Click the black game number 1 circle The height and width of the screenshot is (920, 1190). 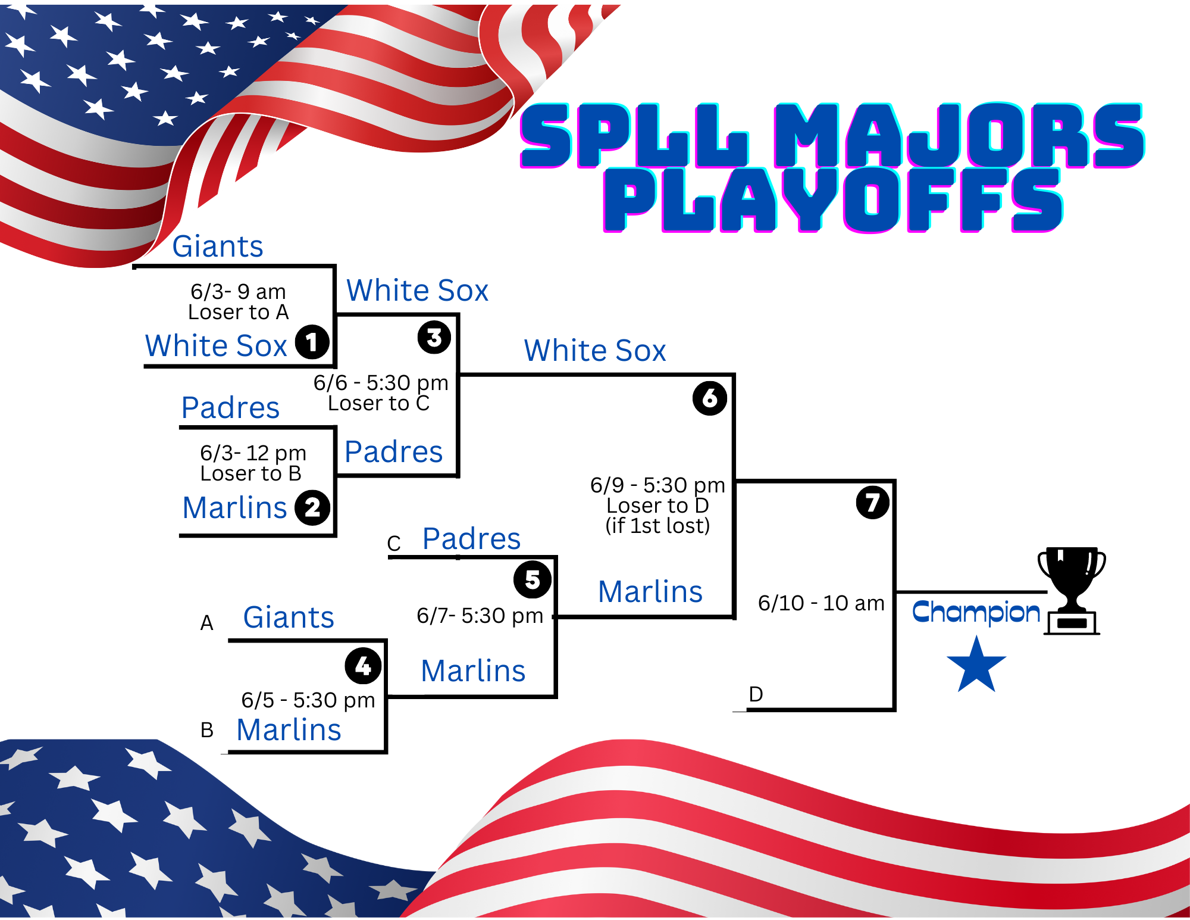pos(312,342)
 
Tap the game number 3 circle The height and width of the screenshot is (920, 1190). pos(434,338)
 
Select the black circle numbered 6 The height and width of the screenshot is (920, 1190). pos(710,398)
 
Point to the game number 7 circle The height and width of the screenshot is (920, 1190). pos(873,502)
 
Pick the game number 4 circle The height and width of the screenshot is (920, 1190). pos(363,666)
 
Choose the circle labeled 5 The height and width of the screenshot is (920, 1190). pos(533,579)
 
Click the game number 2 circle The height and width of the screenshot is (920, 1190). pos(312,508)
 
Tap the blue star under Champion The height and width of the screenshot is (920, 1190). pos(976,665)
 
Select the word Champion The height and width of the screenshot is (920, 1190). pos(976,612)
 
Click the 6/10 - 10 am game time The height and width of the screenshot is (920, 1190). pos(821,603)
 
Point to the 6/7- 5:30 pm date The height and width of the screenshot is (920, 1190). pos(480,616)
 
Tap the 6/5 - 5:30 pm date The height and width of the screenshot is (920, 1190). pos(308,700)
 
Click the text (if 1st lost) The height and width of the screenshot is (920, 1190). pos(657,526)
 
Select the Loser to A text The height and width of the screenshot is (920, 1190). pos(238,312)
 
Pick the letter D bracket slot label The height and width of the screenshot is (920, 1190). pos(756,694)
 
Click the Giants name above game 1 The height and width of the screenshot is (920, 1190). pos(218,247)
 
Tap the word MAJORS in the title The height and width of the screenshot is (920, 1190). pos(959,135)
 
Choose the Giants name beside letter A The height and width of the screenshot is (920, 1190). pos(289,618)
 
